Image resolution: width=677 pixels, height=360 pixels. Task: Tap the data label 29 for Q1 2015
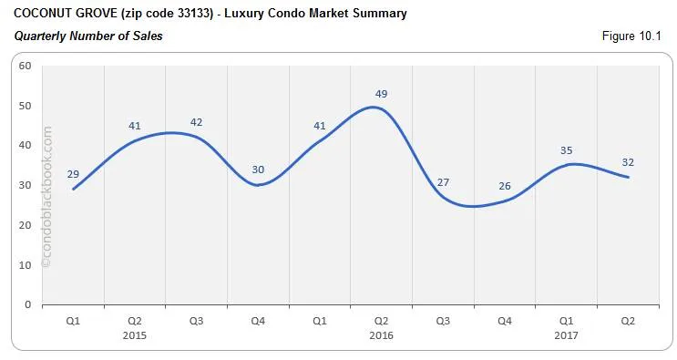(x=74, y=173)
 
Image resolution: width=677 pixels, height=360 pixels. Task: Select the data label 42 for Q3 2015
(x=197, y=122)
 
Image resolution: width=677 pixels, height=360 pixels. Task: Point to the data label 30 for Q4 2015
(x=258, y=170)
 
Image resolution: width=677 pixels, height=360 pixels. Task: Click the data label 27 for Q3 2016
(x=444, y=181)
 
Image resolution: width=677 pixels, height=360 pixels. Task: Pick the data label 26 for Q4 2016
(x=505, y=186)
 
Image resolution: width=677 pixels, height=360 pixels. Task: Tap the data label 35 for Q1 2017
(x=567, y=150)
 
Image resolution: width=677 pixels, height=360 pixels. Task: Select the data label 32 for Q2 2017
(x=628, y=162)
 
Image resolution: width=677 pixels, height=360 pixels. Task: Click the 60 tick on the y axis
(x=25, y=66)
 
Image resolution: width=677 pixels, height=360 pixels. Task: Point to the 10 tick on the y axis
(x=25, y=264)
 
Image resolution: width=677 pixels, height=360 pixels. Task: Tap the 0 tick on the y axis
(x=27, y=304)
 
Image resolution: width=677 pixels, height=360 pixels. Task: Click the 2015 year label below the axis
(x=135, y=335)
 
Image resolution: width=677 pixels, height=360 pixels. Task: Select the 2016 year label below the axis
(x=382, y=335)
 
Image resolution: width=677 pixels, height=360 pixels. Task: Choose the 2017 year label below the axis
(x=567, y=335)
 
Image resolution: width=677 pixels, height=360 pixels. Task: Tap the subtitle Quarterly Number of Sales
(x=88, y=36)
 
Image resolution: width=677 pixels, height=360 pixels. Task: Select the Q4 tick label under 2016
(x=505, y=321)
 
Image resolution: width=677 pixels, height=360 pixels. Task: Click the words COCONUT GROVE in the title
(x=52, y=14)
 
